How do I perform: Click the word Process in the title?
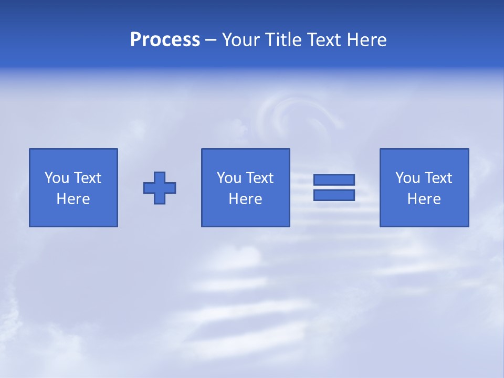click(x=165, y=40)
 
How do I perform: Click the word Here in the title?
click(x=366, y=40)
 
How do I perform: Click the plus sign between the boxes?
click(x=160, y=188)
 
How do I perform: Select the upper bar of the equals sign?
click(x=334, y=180)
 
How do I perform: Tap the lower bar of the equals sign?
click(x=334, y=195)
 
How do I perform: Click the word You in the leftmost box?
click(x=56, y=178)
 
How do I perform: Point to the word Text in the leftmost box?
click(x=87, y=178)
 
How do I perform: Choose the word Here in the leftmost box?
click(x=73, y=199)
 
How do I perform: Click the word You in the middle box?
click(x=228, y=178)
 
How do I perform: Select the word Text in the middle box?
click(x=259, y=178)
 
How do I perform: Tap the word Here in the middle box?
click(x=245, y=199)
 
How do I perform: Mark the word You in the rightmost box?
click(x=407, y=178)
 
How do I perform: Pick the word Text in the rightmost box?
click(x=437, y=178)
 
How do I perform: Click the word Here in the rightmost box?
click(x=424, y=199)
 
